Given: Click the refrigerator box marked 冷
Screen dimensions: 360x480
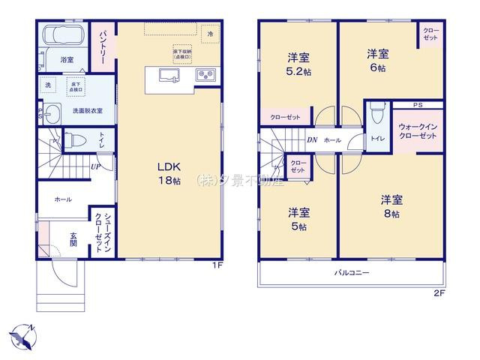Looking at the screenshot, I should (211, 34).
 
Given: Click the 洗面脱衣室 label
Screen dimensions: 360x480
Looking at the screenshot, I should (87, 110).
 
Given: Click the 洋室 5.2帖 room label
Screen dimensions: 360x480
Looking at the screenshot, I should (298, 64).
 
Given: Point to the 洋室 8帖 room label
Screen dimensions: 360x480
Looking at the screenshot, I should (391, 205).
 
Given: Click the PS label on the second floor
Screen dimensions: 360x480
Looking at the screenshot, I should (418, 105).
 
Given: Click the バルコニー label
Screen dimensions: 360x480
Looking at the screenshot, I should (352, 274).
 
